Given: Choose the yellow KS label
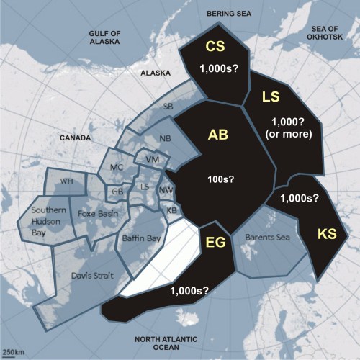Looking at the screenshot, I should (327, 233).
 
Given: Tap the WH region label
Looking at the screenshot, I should (67, 181).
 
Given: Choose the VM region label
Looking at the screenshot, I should (151, 158).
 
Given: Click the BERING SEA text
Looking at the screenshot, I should (228, 14).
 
